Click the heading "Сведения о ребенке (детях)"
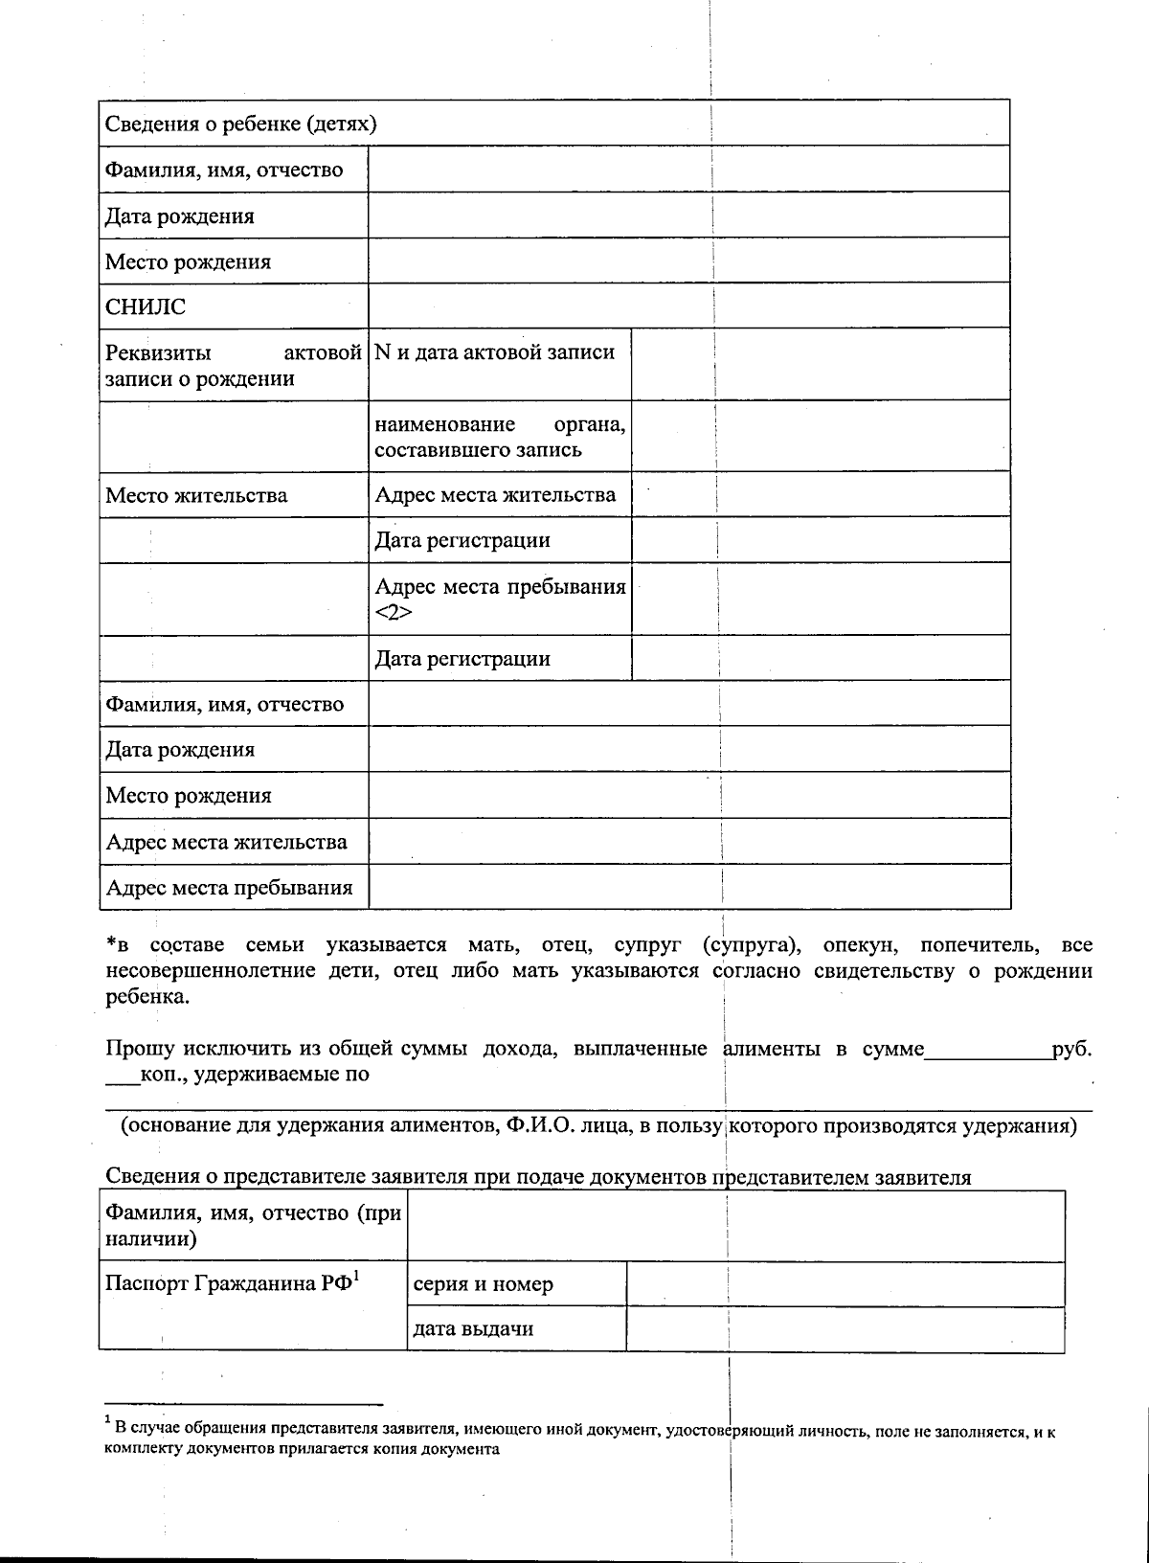(x=240, y=124)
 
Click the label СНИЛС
(x=146, y=307)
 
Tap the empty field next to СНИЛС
(x=688, y=306)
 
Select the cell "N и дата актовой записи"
(x=495, y=352)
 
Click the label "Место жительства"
(x=196, y=495)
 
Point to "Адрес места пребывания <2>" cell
(x=500, y=599)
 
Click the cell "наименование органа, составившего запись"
(x=500, y=437)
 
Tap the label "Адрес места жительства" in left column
(x=226, y=843)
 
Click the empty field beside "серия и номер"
(x=845, y=1284)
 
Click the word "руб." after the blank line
(x=1071, y=1049)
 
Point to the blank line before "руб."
(x=987, y=1053)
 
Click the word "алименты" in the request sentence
(x=771, y=1049)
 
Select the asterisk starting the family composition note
(x=111, y=943)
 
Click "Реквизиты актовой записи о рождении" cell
(x=233, y=365)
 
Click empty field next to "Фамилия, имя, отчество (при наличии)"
(x=735, y=1226)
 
